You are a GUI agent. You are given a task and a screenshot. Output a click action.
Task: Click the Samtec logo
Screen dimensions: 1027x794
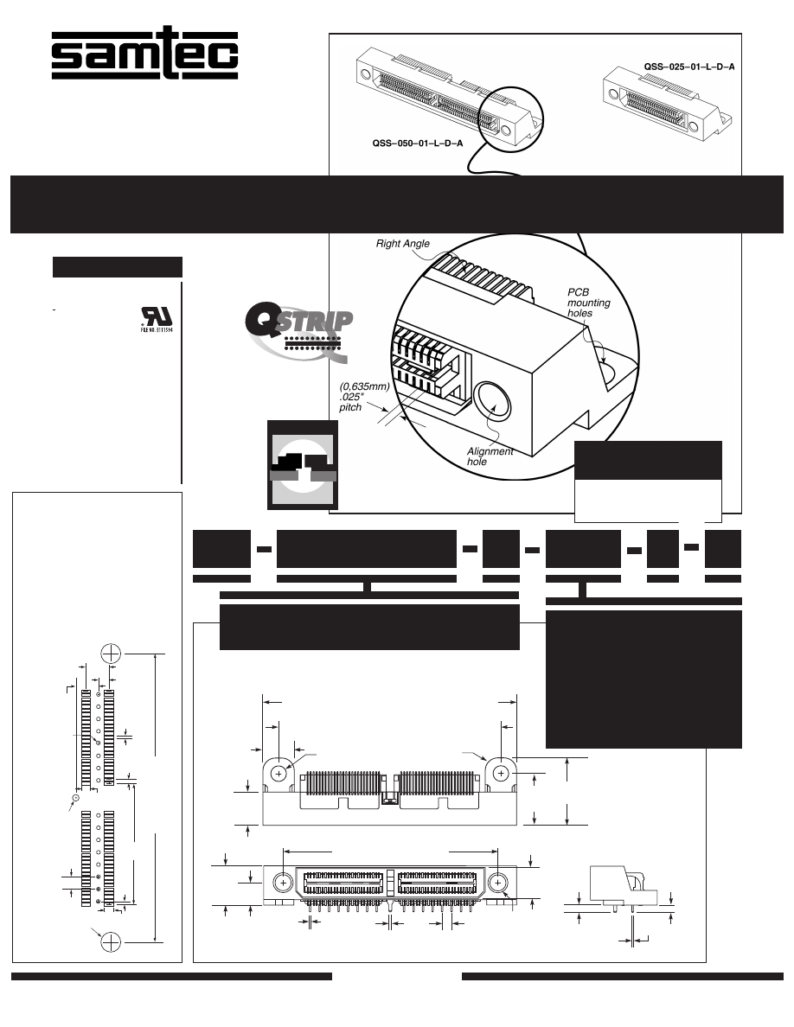point(144,55)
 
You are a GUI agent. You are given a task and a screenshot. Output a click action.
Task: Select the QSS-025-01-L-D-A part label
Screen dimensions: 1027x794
point(688,66)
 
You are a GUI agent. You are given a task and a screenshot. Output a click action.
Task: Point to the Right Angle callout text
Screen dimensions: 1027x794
point(402,244)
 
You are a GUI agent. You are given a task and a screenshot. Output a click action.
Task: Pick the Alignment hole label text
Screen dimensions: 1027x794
point(490,456)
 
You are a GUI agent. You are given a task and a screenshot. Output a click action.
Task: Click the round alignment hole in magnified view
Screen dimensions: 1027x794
point(494,402)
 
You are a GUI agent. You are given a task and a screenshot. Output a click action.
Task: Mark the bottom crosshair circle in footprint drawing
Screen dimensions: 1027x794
point(111,941)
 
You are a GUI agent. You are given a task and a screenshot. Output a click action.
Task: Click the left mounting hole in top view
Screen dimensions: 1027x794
point(279,774)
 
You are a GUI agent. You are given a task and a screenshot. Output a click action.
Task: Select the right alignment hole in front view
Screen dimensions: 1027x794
point(498,883)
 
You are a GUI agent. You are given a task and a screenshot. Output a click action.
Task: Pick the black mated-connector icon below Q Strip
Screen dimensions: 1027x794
point(302,467)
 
